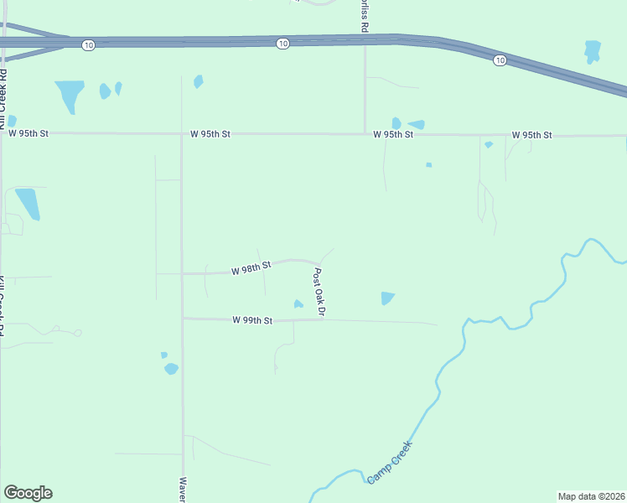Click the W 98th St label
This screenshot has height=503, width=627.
click(x=252, y=267)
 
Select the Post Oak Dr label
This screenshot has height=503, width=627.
click(x=319, y=292)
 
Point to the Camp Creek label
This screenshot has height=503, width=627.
click(x=390, y=463)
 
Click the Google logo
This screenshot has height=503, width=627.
click(x=28, y=493)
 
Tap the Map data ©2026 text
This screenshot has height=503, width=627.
click(x=591, y=496)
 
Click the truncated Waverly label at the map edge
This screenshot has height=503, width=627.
click(x=182, y=490)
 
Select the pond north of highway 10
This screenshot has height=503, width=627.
click(x=593, y=51)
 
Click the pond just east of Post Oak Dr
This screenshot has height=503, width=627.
click(x=386, y=298)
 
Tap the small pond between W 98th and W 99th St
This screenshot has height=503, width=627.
click(x=298, y=303)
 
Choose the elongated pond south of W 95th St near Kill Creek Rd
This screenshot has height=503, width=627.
click(x=28, y=203)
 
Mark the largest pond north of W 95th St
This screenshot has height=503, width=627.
click(x=70, y=95)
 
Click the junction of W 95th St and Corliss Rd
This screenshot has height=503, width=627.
click(x=365, y=133)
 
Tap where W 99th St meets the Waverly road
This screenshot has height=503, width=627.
click(x=182, y=319)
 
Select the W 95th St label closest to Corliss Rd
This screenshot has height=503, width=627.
click(x=393, y=134)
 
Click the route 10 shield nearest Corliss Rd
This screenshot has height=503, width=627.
click(x=282, y=44)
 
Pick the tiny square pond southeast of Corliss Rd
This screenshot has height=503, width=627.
click(x=428, y=164)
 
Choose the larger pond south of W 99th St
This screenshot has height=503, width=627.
click(x=171, y=368)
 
